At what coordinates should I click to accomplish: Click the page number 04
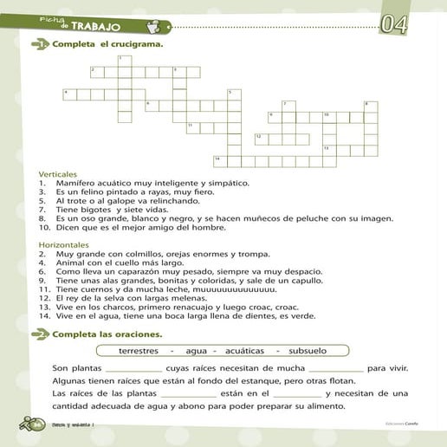[395, 23]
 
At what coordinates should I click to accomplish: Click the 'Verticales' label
[57, 173]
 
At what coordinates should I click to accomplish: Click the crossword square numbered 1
[124, 59]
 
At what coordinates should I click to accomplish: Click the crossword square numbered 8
[371, 106]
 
